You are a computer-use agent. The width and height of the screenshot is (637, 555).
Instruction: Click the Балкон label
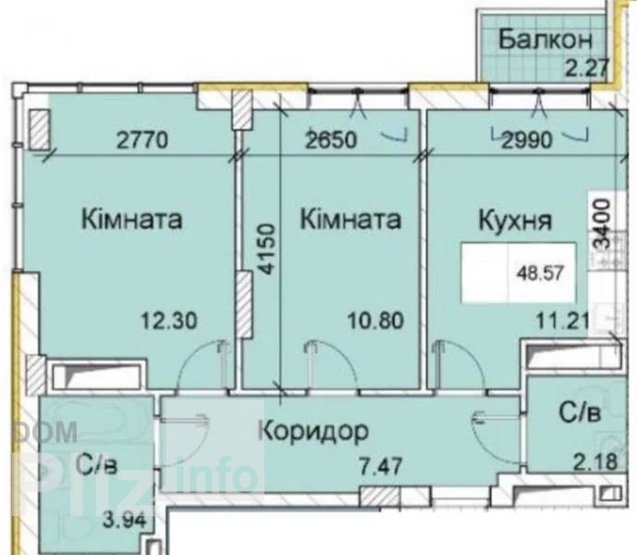point(545,40)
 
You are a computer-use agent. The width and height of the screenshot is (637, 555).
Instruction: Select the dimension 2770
point(141,142)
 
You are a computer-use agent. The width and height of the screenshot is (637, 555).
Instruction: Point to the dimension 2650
point(332,141)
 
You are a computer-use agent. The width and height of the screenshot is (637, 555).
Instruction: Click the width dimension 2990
point(527,141)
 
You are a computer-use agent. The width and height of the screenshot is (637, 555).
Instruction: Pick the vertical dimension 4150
point(267,249)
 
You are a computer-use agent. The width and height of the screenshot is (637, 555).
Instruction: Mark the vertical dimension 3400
point(602,224)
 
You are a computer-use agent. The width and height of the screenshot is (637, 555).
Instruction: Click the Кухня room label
point(515,221)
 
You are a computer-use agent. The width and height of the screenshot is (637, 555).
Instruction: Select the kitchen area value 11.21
point(562,322)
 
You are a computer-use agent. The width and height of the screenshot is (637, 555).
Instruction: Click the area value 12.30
point(169,320)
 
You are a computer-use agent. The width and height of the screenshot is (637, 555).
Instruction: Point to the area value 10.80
point(376,320)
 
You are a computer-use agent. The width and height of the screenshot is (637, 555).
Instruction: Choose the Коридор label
point(314,431)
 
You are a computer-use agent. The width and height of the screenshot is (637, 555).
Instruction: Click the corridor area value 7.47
point(382,466)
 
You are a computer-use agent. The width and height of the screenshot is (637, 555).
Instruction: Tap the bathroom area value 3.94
point(124,521)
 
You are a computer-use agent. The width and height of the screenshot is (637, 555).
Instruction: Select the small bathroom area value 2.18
point(595,462)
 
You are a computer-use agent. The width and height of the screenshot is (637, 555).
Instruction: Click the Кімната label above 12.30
point(131,219)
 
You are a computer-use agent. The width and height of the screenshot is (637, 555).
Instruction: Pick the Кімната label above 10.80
point(350,219)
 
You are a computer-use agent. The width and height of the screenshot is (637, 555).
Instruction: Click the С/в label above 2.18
point(580,413)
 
